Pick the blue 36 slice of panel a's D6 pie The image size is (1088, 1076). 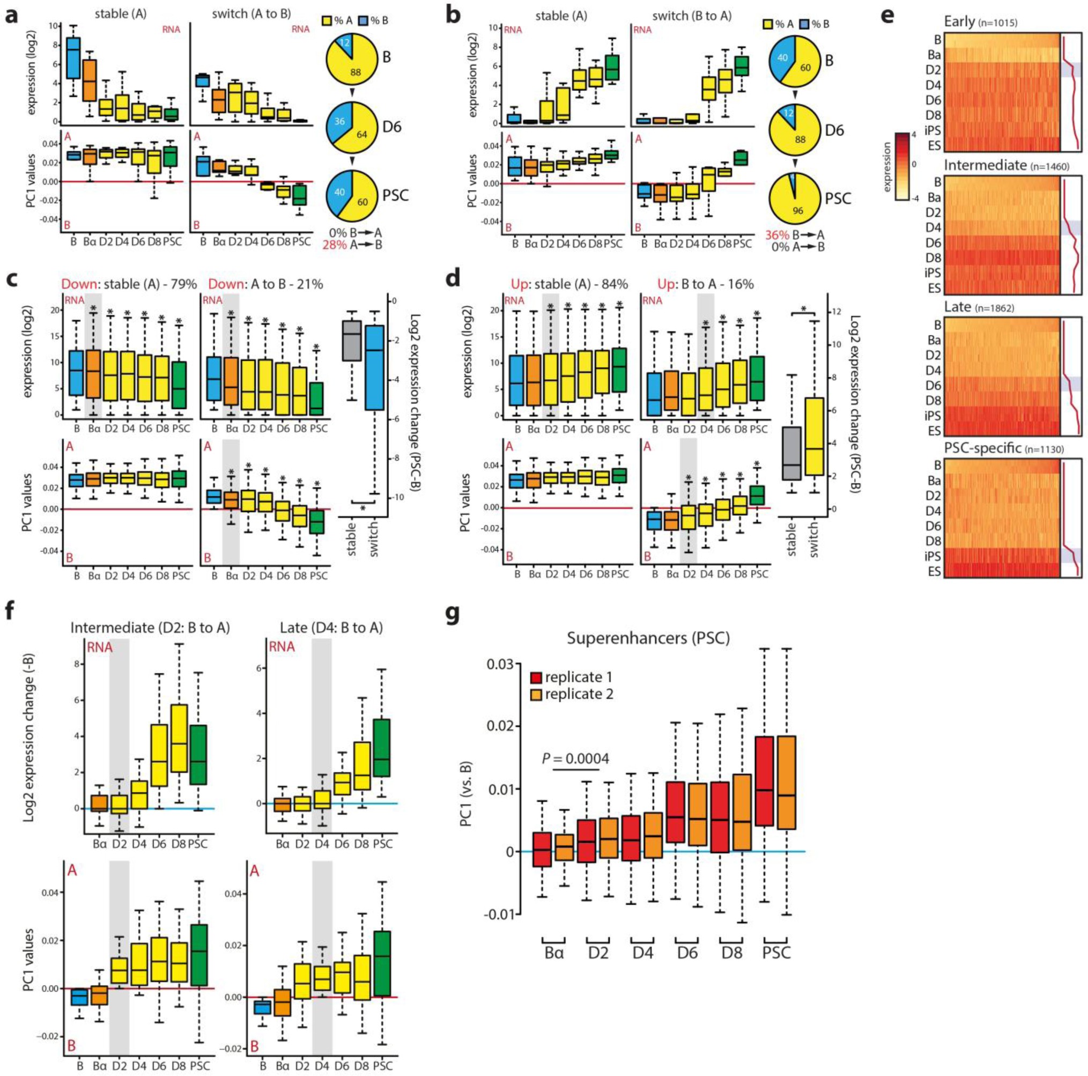[x=337, y=121]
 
